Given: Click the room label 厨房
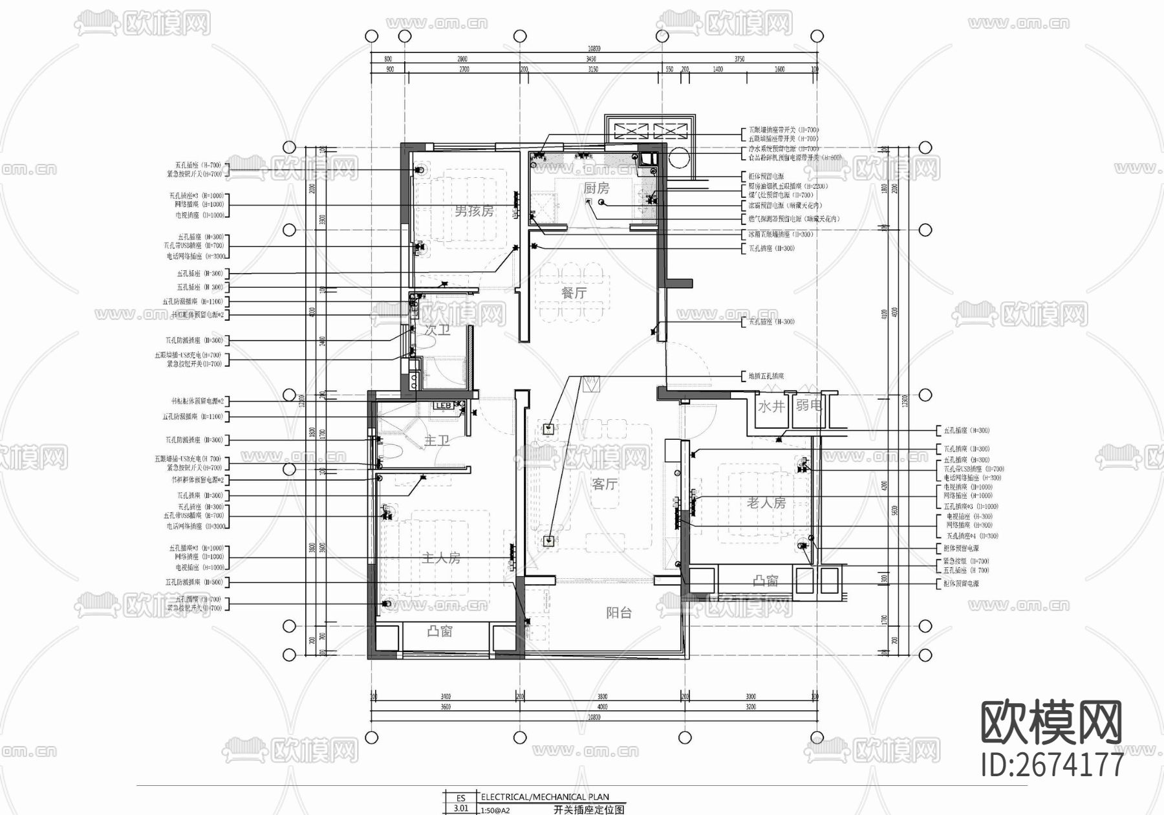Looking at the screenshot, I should (x=596, y=188).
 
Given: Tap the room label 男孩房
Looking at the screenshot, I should (x=473, y=211).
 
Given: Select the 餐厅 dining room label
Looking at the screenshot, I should (x=574, y=293).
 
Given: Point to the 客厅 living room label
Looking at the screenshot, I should (x=604, y=484).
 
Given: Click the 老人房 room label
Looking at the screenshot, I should (x=766, y=503).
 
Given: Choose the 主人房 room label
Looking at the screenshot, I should (x=440, y=558).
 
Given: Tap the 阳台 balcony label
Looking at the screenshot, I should (x=618, y=613).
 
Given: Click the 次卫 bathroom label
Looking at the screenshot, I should (x=437, y=330).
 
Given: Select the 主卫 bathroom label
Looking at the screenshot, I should (x=436, y=440).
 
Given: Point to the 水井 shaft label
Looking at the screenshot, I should (x=770, y=406).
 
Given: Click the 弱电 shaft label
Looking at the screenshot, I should (x=808, y=406).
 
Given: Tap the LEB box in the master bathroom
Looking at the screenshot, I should (x=444, y=406).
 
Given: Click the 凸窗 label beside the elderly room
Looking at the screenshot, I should (x=766, y=581).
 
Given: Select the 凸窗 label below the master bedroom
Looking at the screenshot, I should (x=440, y=631).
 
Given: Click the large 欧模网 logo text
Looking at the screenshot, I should (x=1051, y=723).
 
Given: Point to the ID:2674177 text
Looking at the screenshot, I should (x=1052, y=765).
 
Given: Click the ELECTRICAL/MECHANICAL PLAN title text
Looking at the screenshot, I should (x=544, y=797).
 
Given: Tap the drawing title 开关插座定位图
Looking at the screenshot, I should (x=588, y=809).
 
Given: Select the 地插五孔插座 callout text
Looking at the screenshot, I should (x=766, y=376).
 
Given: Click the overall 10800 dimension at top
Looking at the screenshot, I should (x=594, y=49).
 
